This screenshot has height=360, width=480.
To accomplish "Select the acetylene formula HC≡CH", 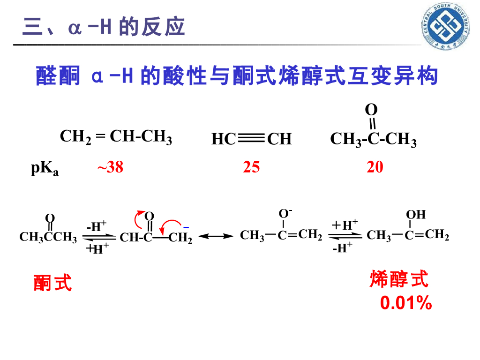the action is click(251, 139).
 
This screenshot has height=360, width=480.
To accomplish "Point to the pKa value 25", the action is click(251, 167).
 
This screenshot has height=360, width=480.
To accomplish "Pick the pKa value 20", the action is click(375, 167).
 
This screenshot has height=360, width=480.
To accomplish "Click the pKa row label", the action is click(45, 169).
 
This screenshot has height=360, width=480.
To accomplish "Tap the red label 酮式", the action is click(52, 283).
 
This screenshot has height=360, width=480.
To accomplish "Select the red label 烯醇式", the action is click(399, 279).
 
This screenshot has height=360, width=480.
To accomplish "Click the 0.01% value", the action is click(406, 303).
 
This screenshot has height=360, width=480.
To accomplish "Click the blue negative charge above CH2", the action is click(186, 227).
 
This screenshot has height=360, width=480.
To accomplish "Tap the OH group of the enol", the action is click(415, 215).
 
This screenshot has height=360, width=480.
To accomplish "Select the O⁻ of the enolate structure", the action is click(285, 214).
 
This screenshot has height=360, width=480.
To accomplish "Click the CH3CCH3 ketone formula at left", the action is click(48, 237).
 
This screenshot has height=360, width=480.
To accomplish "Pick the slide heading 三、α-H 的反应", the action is click(104, 27).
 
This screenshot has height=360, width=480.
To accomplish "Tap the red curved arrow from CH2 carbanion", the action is click(170, 224).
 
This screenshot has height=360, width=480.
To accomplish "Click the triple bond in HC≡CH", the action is click(251, 139).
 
